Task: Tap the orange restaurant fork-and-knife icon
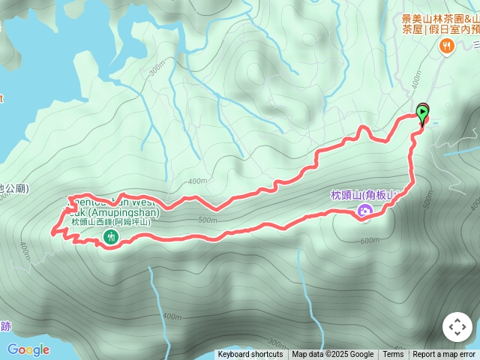pos(447,46)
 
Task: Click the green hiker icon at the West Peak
pos(111,237)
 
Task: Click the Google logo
pos(28,349)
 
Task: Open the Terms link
pos(393,355)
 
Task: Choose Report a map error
pos(444,355)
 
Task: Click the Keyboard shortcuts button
pos(250,355)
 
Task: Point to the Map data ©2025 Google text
pos(332,355)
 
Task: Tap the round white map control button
pos(457,328)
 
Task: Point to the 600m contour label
pos(370,241)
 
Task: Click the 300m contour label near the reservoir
pos(156,69)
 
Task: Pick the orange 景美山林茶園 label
pos(439,19)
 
